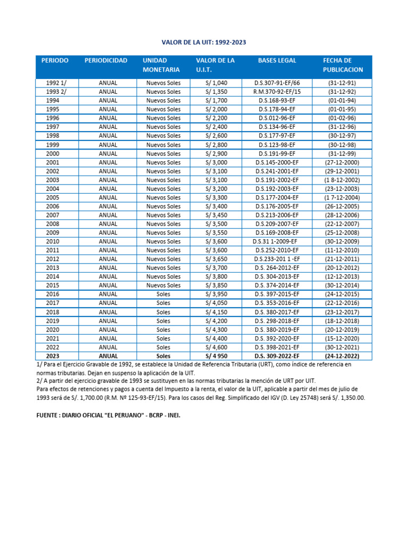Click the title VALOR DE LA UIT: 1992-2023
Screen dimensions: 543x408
pos(204,42)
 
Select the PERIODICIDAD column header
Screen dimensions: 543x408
pos(106,60)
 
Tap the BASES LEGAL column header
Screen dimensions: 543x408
pos(277,60)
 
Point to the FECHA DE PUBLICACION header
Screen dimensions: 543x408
pos(343,65)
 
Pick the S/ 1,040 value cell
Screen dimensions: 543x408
pos(216,83)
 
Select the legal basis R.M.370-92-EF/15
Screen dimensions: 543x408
pos(277,92)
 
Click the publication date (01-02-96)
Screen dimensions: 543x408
pos(342,118)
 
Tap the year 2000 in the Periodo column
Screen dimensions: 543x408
pos(53,153)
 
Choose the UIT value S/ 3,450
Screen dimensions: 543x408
pos(216,215)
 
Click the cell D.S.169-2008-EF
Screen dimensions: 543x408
pos(277,232)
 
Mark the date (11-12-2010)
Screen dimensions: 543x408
pos(342,250)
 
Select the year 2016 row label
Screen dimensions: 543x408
pos(53,294)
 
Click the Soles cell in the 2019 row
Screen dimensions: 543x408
pos(164,321)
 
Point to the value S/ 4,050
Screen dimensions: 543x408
pos(216,303)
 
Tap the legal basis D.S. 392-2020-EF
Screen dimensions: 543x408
pos(277,338)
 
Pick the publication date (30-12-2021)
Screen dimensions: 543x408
pos(342,347)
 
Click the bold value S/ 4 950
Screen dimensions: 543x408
pos(216,356)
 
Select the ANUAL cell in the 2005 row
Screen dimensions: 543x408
pos(108,197)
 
